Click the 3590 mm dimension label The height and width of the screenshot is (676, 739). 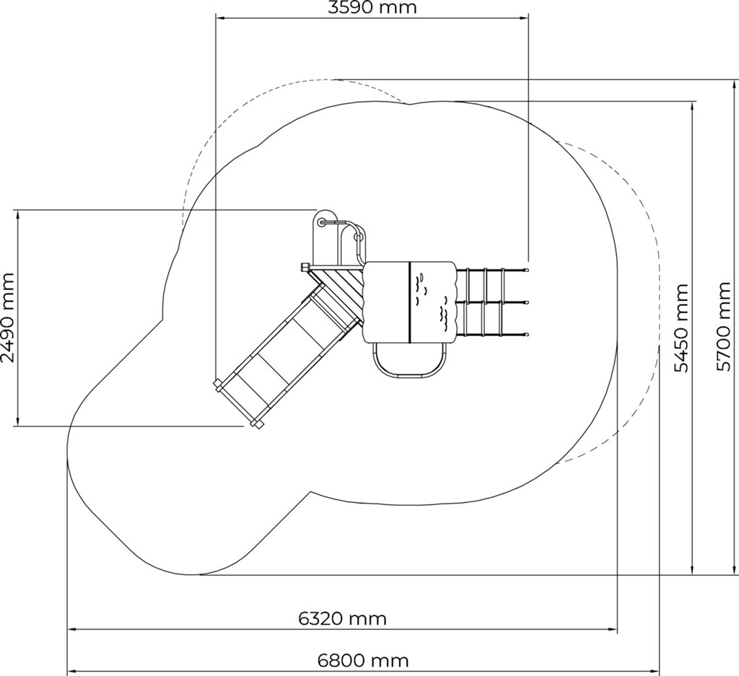point(372,7)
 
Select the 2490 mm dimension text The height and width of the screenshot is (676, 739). point(8,317)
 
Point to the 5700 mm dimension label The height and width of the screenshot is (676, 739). point(723,327)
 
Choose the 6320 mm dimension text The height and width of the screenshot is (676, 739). point(343,618)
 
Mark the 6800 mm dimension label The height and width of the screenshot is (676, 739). point(363,661)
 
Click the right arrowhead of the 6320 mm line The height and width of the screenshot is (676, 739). point(613,629)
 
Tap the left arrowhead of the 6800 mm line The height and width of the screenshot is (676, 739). point(72,671)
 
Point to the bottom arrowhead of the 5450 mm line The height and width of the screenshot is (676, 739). point(692,570)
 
